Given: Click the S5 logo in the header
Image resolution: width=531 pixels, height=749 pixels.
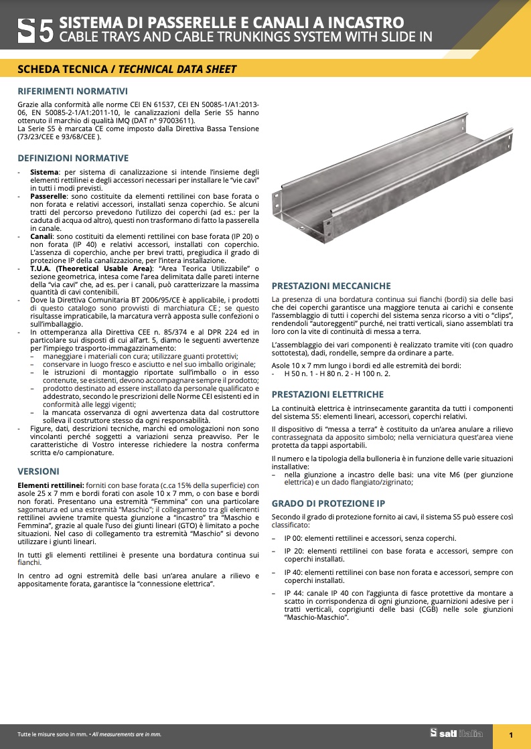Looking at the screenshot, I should point(34,31).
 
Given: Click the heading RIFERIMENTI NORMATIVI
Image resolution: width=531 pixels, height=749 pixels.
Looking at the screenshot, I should point(72,92).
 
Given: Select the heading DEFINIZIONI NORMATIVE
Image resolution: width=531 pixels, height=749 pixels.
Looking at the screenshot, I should point(72,159).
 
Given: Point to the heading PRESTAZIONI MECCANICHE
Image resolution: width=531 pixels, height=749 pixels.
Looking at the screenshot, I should point(331,286).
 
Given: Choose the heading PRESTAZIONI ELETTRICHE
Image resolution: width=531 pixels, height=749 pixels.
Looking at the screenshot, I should point(327,395).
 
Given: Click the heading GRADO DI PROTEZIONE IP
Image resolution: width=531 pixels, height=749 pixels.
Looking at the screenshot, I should point(327,503).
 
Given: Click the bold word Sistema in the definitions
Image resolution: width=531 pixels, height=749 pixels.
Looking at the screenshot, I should point(44,173).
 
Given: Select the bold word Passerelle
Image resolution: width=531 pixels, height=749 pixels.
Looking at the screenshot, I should point(48,196).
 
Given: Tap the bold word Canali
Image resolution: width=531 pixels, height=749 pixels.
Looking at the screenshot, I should point(42,237).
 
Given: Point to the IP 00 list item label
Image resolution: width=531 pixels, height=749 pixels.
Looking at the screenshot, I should point(293,538).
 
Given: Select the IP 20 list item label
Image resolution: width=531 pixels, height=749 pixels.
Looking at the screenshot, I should point(293,551).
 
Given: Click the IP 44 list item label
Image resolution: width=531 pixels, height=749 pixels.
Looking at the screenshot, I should point(293,593).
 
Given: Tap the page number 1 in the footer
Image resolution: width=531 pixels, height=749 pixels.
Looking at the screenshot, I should point(511,735).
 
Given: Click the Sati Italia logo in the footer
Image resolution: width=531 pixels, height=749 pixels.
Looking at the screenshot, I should point(456,734).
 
